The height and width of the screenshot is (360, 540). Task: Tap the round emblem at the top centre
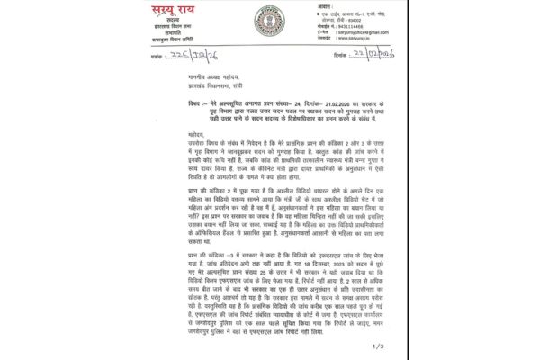click(x=268, y=21)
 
